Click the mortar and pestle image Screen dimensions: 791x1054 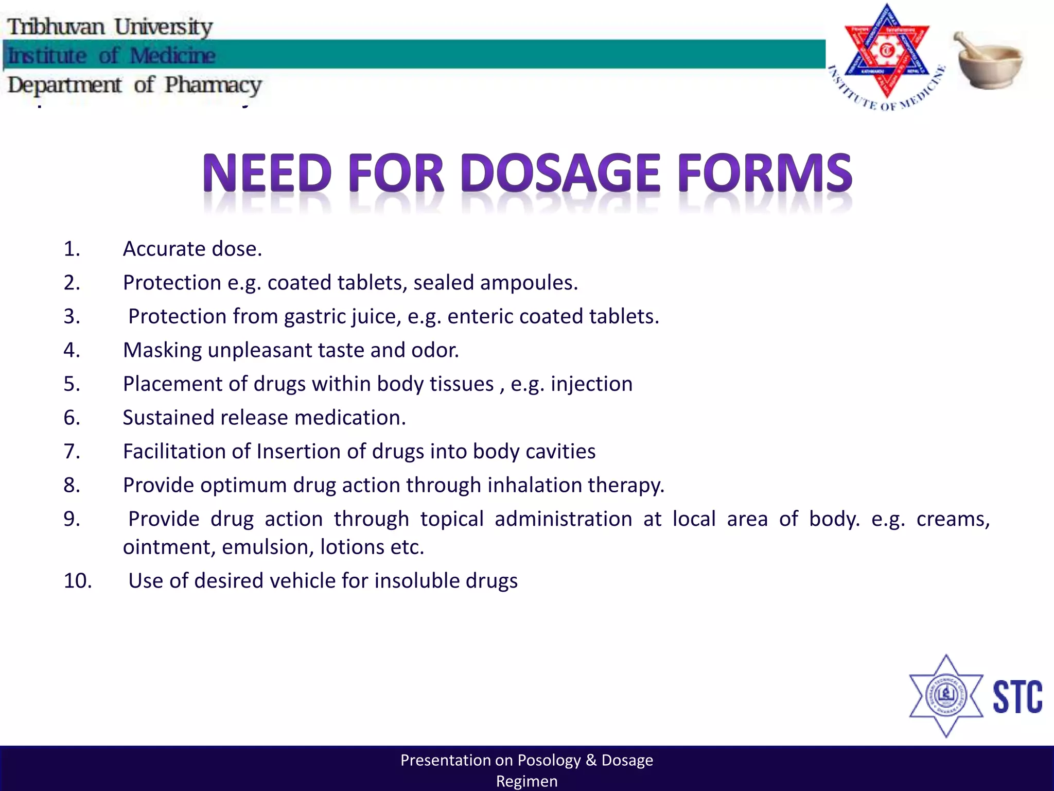point(989,61)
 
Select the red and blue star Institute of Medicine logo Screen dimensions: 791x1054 point(886,54)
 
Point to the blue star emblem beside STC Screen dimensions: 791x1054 point(946,696)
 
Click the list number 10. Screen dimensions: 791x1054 point(78,581)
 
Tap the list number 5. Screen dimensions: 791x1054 point(72,384)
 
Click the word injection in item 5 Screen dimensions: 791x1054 point(591,384)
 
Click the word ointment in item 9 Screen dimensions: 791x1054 point(169,547)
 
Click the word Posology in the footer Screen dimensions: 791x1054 point(549,760)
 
